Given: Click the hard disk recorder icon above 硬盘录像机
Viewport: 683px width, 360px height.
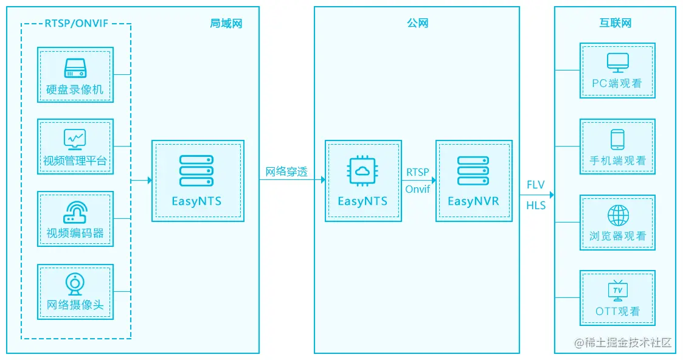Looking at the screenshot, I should tap(75, 67).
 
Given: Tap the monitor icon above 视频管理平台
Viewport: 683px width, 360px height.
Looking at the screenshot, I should tap(75, 139).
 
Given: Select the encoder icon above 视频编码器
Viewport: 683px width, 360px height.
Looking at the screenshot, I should tap(75, 211).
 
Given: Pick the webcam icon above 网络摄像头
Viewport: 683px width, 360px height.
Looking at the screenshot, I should tap(75, 283).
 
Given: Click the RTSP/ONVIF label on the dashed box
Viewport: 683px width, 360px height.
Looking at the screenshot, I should tap(76, 24).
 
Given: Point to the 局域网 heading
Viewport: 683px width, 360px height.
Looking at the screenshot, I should tap(226, 24).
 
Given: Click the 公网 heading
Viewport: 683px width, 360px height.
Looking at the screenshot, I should tap(417, 24).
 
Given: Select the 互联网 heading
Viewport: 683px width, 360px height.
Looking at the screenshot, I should tap(615, 24).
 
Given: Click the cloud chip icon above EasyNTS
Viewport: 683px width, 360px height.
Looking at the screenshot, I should tap(362, 171).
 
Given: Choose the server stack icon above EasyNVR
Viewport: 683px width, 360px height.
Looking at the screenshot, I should tap(473, 171).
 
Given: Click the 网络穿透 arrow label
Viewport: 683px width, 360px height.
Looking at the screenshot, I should tap(286, 171).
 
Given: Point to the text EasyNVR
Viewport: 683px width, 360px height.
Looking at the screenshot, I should tap(473, 201).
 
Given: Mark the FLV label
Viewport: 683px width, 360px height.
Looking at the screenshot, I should tap(536, 185).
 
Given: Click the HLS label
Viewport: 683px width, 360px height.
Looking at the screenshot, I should tap(536, 206).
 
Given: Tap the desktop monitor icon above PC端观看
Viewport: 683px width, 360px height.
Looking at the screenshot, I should tap(617, 62).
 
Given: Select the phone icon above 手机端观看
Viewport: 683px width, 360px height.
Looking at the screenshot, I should tap(617, 139).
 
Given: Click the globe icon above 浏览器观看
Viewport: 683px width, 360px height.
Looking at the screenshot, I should tap(617, 215).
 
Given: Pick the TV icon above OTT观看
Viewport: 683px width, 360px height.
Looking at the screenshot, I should tap(617, 291).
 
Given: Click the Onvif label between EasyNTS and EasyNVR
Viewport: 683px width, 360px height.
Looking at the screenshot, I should tap(418, 189).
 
